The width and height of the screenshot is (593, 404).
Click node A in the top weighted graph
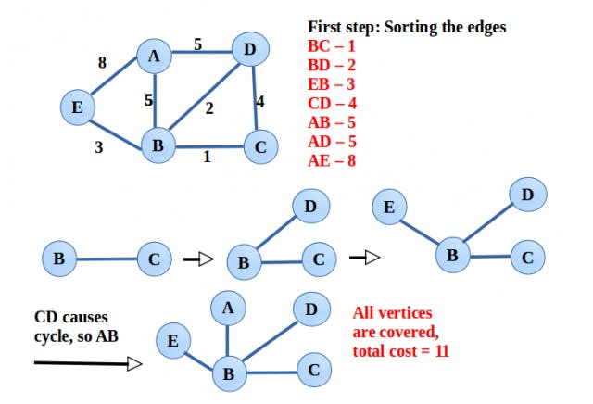click(x=154, y=56)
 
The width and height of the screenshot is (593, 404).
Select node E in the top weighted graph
click(x=78, y=107)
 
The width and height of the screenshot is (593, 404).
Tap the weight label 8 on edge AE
click(x=102, y=62)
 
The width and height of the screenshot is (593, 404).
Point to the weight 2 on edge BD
click(x=209, y=108)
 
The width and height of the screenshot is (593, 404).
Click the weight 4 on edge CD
click(x=260, y=101)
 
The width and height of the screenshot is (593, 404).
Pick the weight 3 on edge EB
click(x=99, y=147)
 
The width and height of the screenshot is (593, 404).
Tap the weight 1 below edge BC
click(x=207, y=157)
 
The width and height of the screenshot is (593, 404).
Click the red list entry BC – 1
click(x=332, y=46)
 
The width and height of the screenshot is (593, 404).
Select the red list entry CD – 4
click(x=332, y=103)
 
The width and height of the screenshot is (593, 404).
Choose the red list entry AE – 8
click(x=332, y=160)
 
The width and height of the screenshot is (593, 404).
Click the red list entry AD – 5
click(x=332, y=142)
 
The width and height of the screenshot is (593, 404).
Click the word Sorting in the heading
click(x=409, y=28)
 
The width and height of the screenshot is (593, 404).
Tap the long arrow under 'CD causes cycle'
click(x=88, y=364)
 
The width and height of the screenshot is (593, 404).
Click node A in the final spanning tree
click(x=228, y=308)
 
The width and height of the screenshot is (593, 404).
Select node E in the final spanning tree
click(x=173, y=340)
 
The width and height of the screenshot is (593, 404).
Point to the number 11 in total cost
click(x=442, y=351)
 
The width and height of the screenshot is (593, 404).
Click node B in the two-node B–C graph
click(x=59, y=259)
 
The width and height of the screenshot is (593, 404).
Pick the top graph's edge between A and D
click(x=202, y=52)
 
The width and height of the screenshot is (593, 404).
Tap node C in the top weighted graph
click(x=261, y=146)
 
